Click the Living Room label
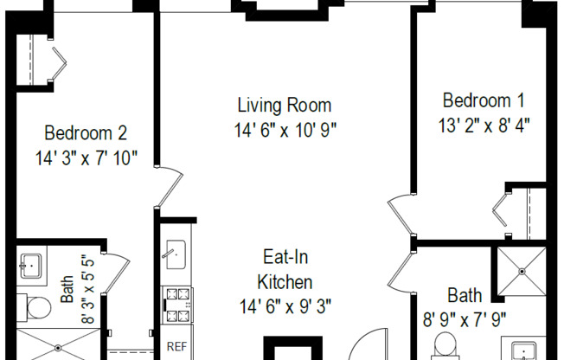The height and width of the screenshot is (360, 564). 284,105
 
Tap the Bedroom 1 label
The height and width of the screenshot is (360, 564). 484,100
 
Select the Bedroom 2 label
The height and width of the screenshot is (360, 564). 86,133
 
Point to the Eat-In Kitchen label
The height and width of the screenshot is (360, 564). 285,270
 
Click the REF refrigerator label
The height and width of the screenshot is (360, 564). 177,346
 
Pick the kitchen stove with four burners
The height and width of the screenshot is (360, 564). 176,305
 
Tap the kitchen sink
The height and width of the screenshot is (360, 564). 176,255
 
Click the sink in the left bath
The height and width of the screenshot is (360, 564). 31,267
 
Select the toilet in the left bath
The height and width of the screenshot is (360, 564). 35,307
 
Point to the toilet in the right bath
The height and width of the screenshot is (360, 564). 445,345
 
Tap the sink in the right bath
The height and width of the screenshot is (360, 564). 524,351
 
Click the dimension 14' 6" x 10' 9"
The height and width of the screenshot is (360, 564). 285,130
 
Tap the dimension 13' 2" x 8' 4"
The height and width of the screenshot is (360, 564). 484,125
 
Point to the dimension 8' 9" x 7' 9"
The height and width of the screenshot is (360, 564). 465,319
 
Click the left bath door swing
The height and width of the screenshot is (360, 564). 118,273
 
